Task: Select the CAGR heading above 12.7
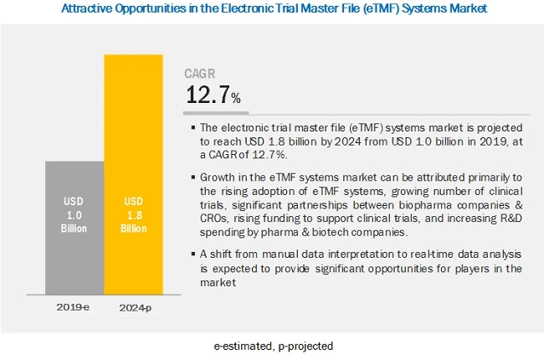(202, 73)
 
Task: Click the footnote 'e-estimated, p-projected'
(272, 346)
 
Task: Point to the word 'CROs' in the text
(216, 218)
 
